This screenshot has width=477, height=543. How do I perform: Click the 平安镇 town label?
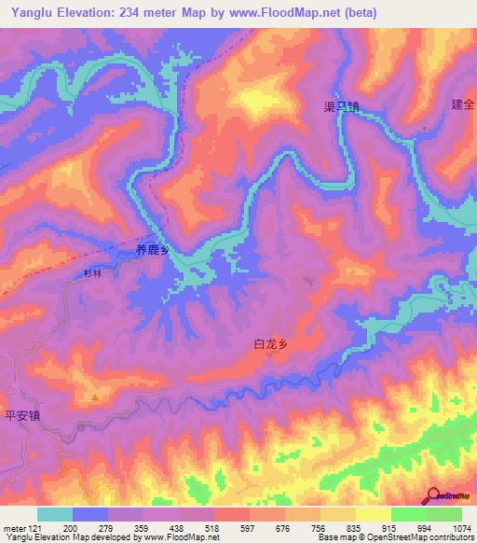20,416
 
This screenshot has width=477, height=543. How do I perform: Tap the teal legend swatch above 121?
55,514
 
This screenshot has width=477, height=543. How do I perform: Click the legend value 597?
248,528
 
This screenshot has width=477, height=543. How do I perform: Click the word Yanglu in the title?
26,12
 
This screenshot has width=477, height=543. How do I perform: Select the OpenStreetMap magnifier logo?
434,495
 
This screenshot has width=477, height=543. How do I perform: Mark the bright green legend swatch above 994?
408,514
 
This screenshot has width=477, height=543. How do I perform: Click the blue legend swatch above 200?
90,514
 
